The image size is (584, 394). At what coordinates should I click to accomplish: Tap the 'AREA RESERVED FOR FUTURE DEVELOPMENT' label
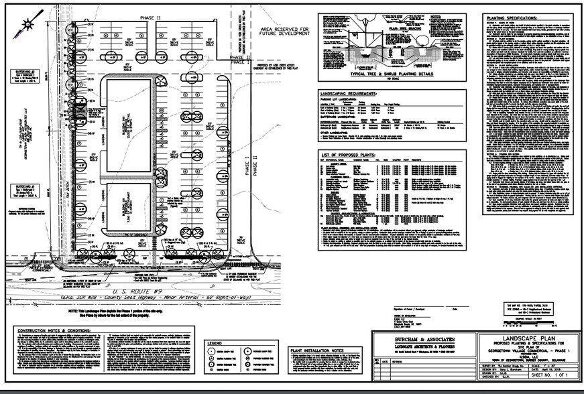(284, 33)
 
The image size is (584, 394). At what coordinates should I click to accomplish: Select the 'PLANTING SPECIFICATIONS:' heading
(511, 21)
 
